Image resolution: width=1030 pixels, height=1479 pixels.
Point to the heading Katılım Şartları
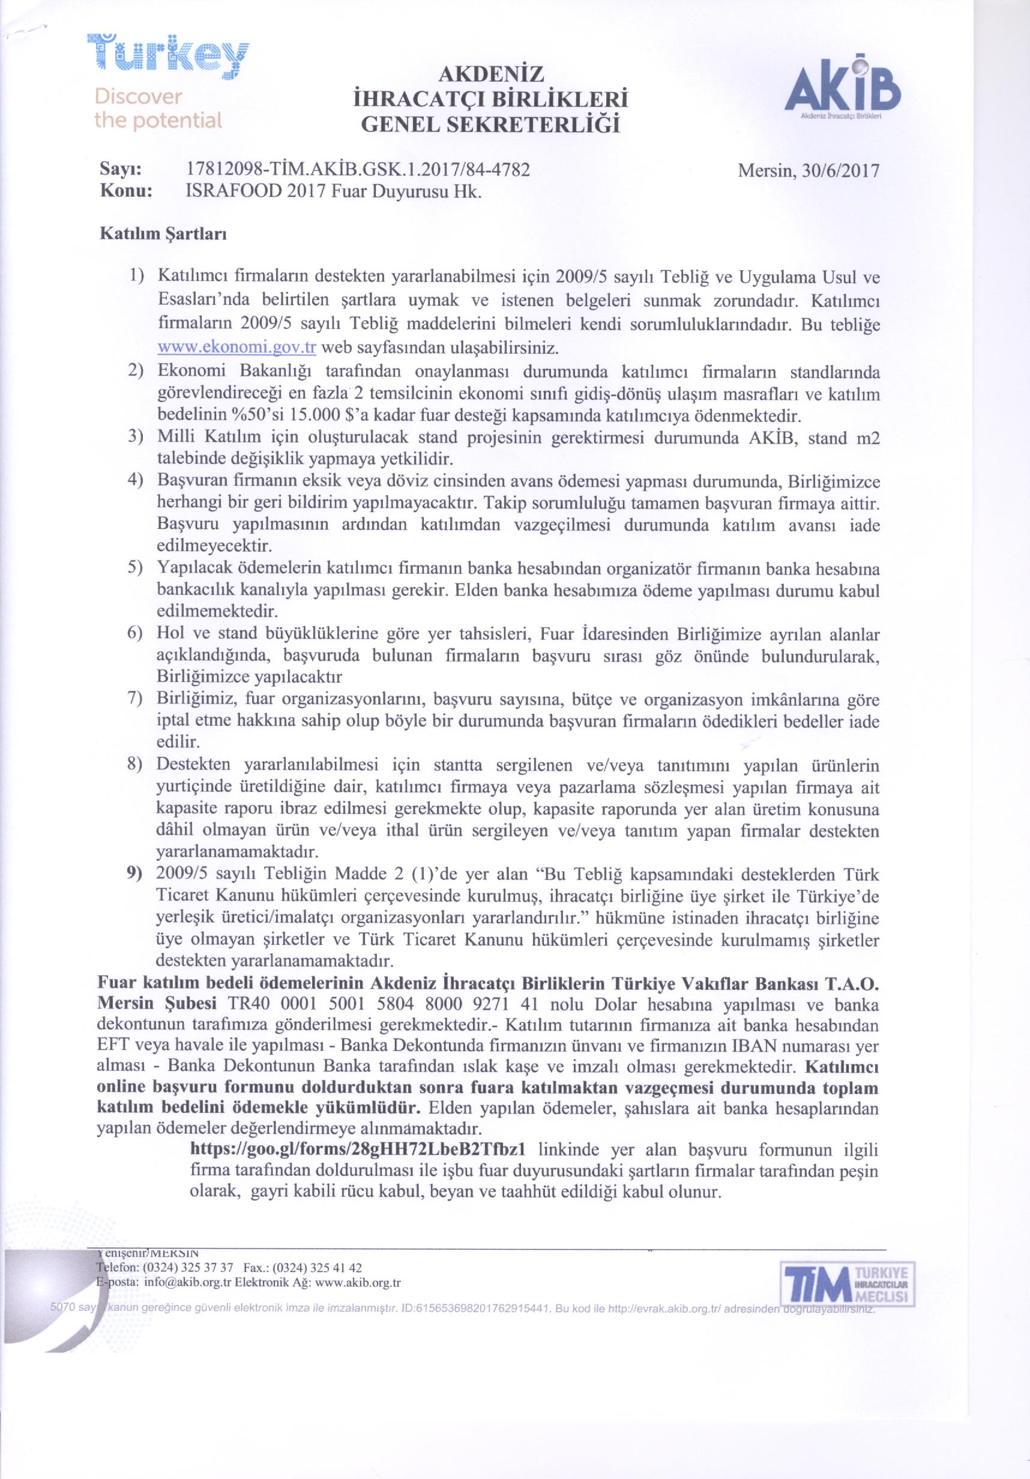point(161,234)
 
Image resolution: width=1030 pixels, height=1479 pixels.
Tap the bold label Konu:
point(125,192)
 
